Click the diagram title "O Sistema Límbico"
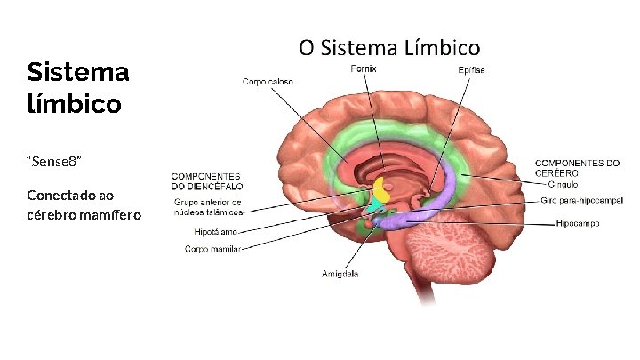pyautogui.click(x=389, y=47)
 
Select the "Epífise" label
pyautogui.click(x=471, y=69)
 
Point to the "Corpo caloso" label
pyautogui.click(x=268, y=82)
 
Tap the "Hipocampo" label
pyautogui.click(x=577, y=223)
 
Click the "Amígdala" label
pyautogui.click(x=340, y=274)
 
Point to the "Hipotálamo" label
pyautogui.click(x=216, y=232)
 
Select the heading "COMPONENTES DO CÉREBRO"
pyautogui.click(x=577, y=167)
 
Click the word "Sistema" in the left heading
pyautogui.click(x=78, y=72)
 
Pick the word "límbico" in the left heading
pyautogui.click(x=74, y=104)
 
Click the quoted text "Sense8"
pyautogui.click(x=55, y=160)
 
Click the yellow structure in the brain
pyautogui.click(x=382, y=189)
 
